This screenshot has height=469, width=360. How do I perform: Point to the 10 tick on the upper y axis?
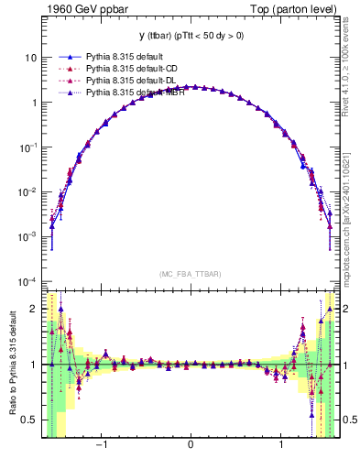pyautogui.click(x=31, y=57)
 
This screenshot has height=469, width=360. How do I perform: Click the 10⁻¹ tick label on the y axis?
pyautogui.click(x=28, y=147)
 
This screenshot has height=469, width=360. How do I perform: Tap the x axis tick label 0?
pyautogui.click(x=190, y=446)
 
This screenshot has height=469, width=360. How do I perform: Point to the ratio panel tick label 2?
pyautogui.click(x=34, y=310)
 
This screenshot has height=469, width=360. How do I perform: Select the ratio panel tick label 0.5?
pyautogui.click(x=29, y=420)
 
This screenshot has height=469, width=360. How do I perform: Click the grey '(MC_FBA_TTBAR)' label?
pyautogui.click(x=190, y=274)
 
